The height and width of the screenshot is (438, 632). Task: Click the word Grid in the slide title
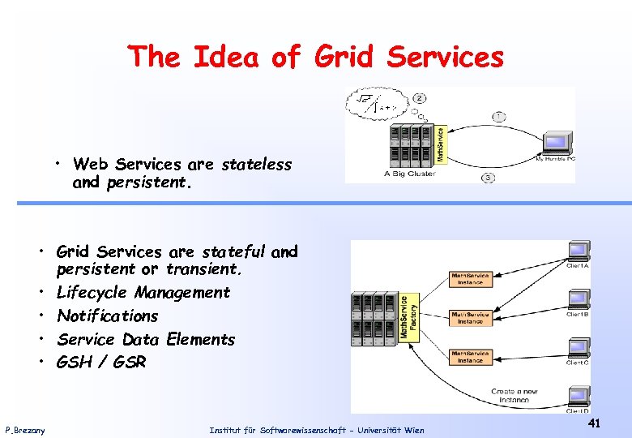click(342, 57)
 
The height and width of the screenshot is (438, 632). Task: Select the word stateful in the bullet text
click(233, 252)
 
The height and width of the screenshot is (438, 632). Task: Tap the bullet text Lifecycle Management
click(143, 292)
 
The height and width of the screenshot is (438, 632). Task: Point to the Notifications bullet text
click(108, 316)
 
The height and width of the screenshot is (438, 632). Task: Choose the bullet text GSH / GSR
click(101, 363)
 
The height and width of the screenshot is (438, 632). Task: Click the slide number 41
click(594, 423)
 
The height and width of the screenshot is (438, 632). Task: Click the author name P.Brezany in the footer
click(25, 430)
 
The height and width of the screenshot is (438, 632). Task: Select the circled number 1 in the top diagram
click(498, 117)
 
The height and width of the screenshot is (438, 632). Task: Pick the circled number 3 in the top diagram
click(488, 177)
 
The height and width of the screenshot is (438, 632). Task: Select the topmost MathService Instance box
click(470, 279)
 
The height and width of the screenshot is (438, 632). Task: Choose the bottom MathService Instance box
click(470, 356)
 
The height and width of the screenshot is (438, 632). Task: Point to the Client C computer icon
click(579, 346)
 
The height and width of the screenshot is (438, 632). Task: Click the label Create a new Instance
click(514, 395)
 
